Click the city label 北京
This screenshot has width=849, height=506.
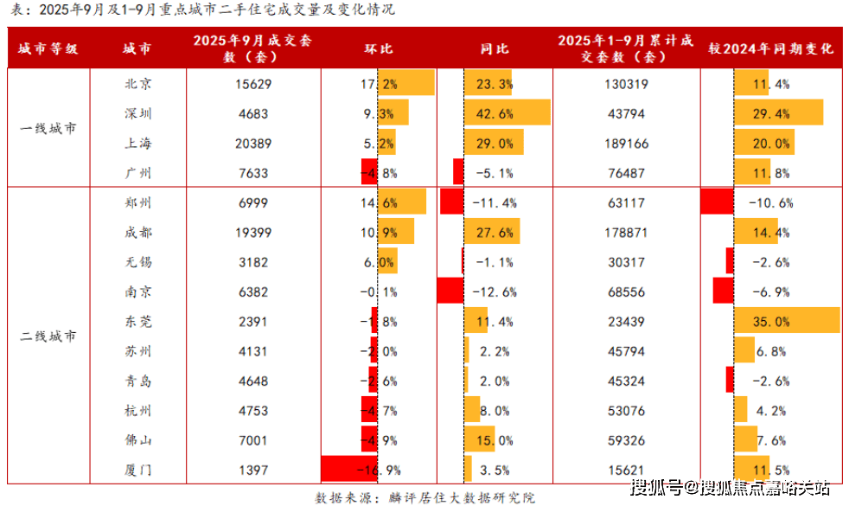[138, 84]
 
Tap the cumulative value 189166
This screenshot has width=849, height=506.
[624, 144]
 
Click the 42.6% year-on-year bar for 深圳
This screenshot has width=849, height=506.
[507, 113]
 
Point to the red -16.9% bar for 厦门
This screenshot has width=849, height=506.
[349, 471]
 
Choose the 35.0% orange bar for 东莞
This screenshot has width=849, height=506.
[787, 321]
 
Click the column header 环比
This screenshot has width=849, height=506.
[377, 48]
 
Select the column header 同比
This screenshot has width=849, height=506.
[494, 48]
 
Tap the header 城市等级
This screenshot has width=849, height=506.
[48, 48]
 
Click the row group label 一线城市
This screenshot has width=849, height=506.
[48, 128]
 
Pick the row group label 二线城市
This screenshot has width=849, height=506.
[48, 336]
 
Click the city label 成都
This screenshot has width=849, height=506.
[138, 233]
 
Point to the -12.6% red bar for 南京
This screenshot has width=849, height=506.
[450, 291]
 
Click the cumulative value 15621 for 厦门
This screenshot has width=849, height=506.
[624, 471]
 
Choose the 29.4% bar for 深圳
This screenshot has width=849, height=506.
[778, 113]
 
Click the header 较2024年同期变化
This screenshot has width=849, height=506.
[770, 48]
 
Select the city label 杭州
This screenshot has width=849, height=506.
[138, 410]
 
